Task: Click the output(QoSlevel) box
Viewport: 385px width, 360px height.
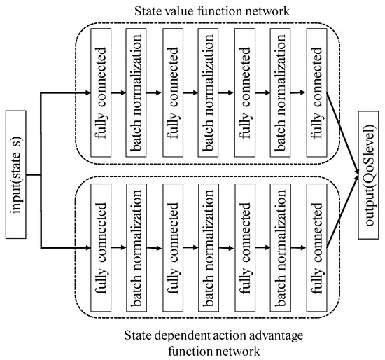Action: (x=369, y=173)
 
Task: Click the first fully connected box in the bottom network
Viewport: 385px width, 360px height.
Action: (x=100, y=247)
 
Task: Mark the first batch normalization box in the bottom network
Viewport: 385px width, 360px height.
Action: (x=136, y=247)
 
